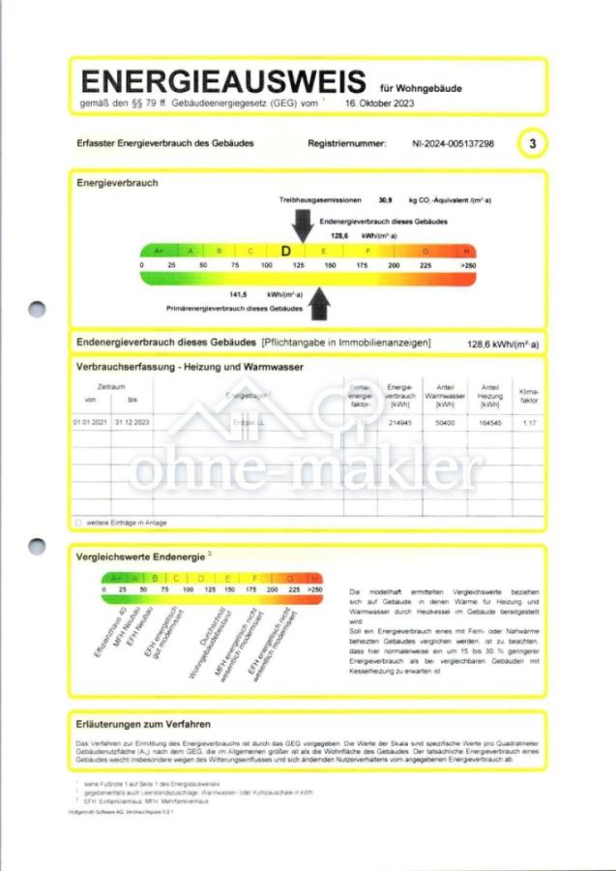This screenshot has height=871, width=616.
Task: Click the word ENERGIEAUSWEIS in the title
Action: tap(223, 81)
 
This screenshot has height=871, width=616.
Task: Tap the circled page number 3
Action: tap(531, 143)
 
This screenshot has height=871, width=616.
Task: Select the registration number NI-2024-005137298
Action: tap(453, 143)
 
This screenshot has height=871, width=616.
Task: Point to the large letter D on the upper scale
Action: tap(285, 251)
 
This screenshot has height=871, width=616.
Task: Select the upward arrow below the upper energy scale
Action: tap(318, 303)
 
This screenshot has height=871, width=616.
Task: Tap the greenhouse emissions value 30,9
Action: tap(385, 199)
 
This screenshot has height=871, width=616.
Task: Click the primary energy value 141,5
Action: tap(238, 294)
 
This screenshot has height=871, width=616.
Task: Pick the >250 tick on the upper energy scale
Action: tap(468, 264)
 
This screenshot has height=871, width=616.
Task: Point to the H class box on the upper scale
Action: tap(466, 251)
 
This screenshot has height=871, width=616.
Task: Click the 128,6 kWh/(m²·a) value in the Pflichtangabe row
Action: tap(503, 344)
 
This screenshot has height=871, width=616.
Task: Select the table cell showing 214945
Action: tap(399, 423)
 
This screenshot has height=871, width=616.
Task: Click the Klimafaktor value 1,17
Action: tap(529, 423)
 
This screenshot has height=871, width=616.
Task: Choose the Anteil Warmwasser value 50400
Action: tap(445, 423)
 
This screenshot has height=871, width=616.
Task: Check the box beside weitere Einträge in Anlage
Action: tap(78, 523)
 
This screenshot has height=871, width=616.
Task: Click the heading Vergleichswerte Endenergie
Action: tap(139, 556)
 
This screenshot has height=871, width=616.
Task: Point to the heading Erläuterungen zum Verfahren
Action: tap(143, 723)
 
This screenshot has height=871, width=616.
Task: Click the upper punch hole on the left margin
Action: tap(37, 310)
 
